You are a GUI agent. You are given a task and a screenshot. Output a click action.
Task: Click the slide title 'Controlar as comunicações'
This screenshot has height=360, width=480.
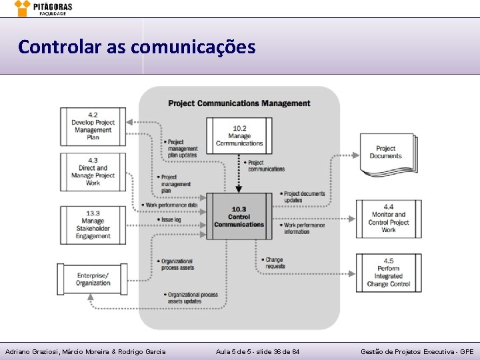tap(137, 47)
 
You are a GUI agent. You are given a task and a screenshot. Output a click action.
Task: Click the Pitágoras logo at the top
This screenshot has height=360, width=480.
tap(43, 8)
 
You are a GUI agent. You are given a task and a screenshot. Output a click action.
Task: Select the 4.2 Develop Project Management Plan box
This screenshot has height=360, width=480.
tap(93, 126)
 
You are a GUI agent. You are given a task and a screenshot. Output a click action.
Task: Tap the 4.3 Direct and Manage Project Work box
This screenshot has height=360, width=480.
tap(93, 172)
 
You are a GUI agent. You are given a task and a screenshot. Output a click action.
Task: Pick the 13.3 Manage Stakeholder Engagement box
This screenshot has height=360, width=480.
tap(93, 225)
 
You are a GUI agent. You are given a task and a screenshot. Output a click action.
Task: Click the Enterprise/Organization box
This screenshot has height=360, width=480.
tap(93, 279)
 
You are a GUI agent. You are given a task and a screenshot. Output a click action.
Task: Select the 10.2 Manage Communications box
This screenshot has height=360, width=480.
tap(239, 135)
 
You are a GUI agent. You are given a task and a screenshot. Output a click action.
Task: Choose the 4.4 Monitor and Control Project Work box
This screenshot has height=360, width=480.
tap(388, 219)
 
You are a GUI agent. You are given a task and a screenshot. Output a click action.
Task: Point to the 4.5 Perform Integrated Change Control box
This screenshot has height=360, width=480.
tap(388, 272)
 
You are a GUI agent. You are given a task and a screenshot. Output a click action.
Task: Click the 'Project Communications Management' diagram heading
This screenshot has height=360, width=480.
tap(239, 103)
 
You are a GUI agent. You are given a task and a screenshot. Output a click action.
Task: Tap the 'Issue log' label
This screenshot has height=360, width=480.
tap(170, 219)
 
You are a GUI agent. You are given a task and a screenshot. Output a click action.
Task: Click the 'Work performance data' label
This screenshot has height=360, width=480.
tap(171, 205)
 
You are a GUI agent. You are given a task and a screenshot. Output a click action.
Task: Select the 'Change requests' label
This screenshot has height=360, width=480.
tap(273, 263)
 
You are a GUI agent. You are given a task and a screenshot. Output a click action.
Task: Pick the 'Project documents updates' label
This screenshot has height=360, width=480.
tap(304, 197)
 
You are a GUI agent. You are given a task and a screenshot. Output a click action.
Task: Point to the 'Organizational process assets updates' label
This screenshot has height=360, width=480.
tap(193, 297)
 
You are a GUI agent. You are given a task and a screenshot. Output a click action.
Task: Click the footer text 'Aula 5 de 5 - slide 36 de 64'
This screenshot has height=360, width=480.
tap(257, 351)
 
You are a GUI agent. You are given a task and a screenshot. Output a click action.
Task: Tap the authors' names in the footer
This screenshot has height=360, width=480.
tap(85, 351)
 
